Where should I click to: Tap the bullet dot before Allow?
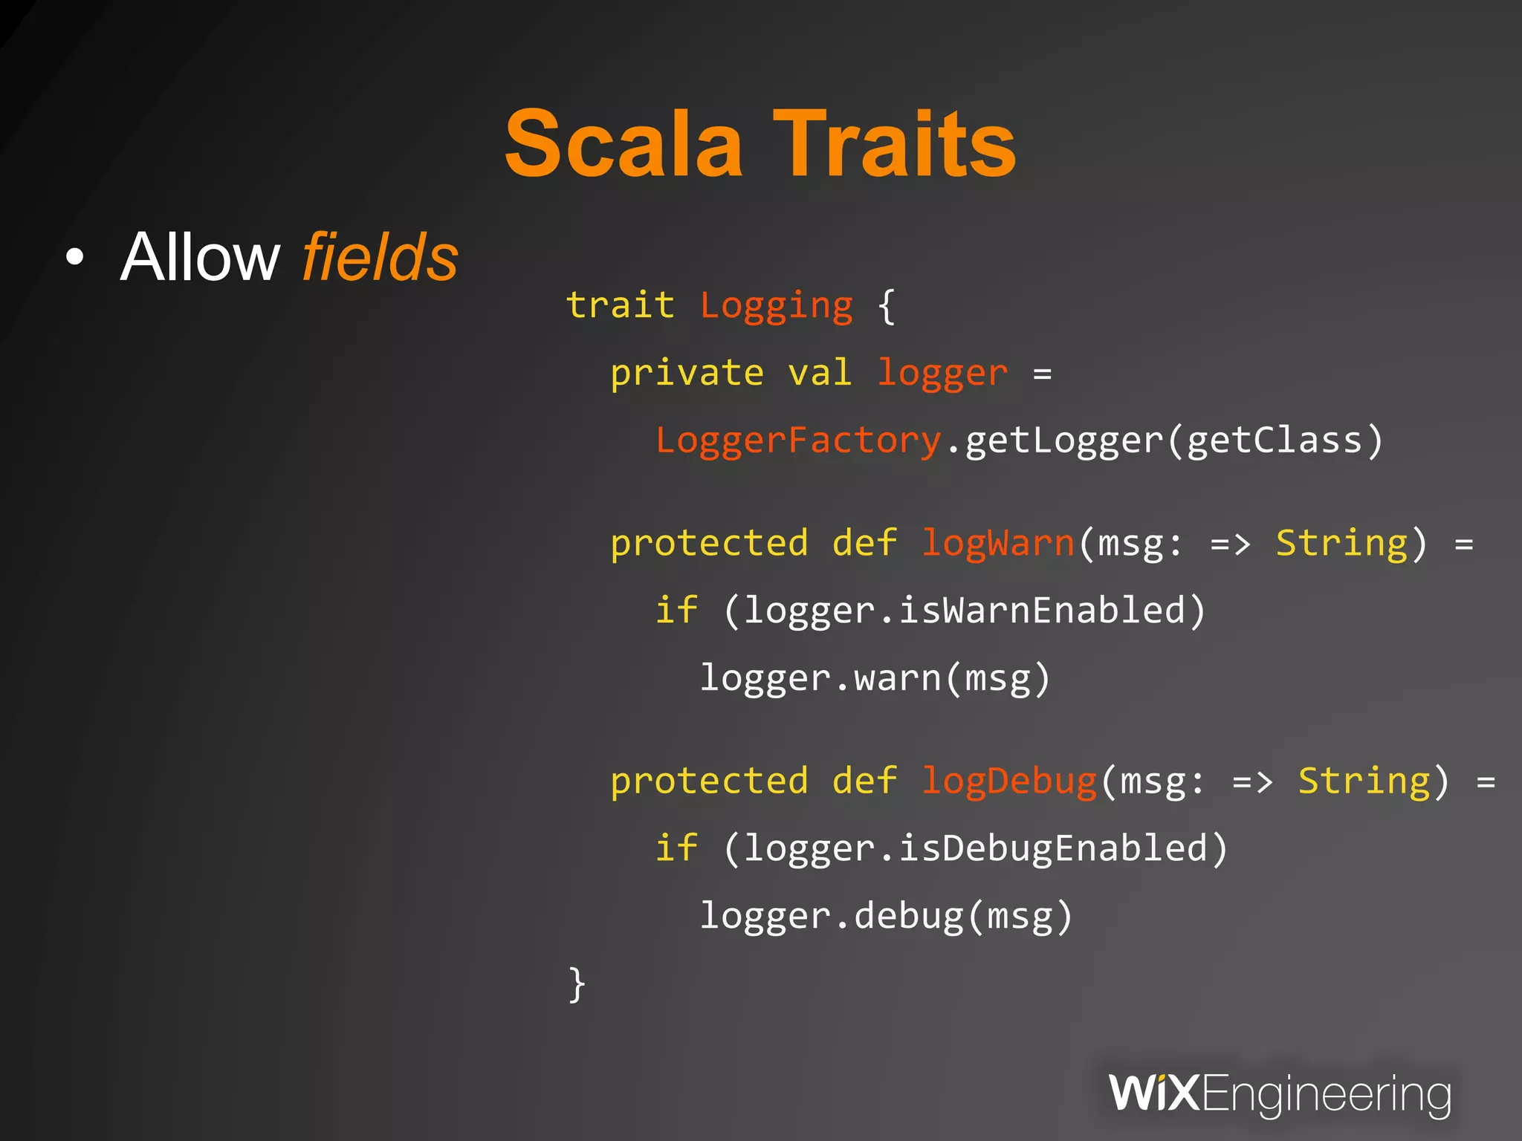(x=74, y=259)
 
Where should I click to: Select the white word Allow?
(x=200, y=257)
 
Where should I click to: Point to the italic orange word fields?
(x=380, y=257)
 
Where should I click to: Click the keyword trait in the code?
(x=620, y=305)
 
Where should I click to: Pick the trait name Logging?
(x=776, y=307)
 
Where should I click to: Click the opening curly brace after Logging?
(x=886, y=307)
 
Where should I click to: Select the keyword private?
(x=687, y=373)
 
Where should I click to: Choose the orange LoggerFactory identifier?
(x=798, y=441)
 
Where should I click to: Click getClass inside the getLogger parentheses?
(x=1274, y=441)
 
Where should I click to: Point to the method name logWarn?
(x=997, y=544)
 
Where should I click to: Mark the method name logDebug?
(x=1008, y=781)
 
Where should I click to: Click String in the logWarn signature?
(x=1341, y=543)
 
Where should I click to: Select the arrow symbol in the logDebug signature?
(x=1252, y=781)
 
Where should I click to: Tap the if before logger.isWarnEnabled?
(x=676, y=611)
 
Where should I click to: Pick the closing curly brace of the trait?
(x=577, y=984)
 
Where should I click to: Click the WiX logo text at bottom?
(x=1153, y=1093)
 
